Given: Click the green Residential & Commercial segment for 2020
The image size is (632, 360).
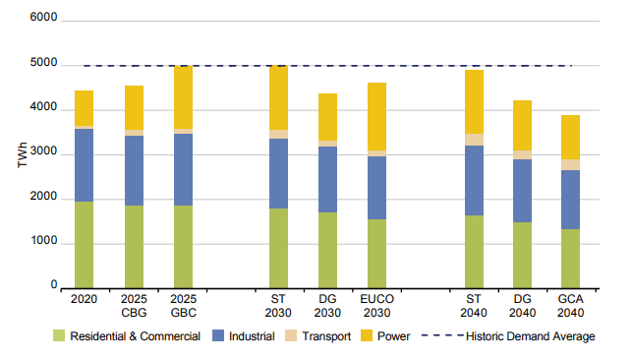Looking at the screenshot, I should (84, 244).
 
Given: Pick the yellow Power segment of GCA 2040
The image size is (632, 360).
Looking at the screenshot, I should (570, 137).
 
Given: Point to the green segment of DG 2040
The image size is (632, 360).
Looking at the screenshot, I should (522, 254).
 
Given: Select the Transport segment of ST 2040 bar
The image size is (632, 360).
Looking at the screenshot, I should (474, 140).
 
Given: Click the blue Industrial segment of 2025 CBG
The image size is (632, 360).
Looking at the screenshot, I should (134, 170).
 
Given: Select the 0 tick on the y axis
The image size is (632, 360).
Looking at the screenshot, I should (54, 287).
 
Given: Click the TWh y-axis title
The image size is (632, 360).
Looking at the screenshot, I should (22, 154).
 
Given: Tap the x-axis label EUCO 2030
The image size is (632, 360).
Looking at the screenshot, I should (376, 304).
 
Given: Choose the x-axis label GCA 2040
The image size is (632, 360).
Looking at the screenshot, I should (570, 304).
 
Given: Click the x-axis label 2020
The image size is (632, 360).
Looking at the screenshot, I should (84, 298).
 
